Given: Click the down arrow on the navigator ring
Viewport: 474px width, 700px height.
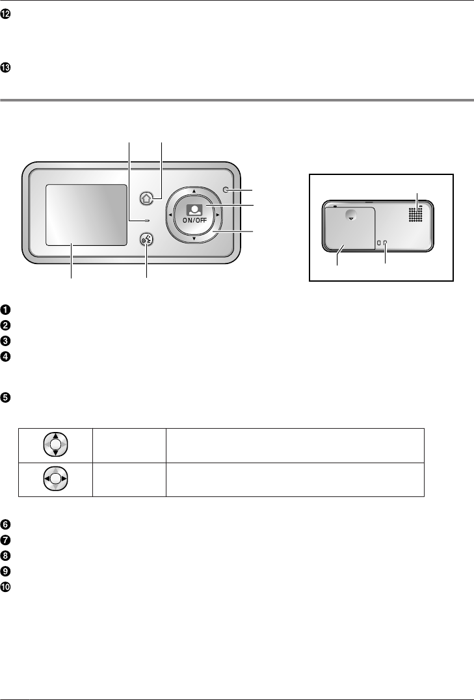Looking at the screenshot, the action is pos(194,239).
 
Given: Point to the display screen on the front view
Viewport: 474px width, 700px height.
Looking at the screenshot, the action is pos(86,214).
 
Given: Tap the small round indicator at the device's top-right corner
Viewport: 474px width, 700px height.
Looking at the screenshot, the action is pos(225,190).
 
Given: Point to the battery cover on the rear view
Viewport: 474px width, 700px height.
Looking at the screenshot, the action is pos(350,228).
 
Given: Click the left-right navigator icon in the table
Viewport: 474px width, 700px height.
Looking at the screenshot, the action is pos(55,481).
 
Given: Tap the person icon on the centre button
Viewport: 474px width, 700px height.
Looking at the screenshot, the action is pos(194,209).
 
